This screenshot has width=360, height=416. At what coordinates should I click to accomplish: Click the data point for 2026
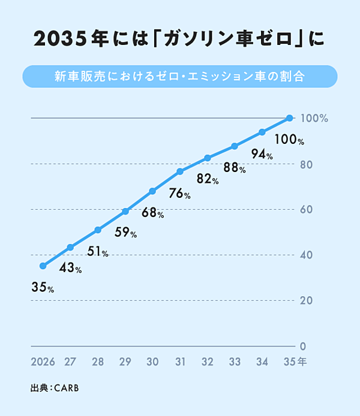[43, 266]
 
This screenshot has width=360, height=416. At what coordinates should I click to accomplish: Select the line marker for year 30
[152, 191]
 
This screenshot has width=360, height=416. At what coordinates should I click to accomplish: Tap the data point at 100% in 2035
[289, 118]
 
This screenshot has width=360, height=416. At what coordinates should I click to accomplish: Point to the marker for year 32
[208, 158]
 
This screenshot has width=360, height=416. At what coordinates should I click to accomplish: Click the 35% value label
[43, 288]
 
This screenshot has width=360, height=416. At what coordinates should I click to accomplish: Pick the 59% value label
[125, 233]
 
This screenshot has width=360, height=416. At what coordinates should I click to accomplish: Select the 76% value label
[179, 194]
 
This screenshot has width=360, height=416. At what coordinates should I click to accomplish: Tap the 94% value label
[262, 155]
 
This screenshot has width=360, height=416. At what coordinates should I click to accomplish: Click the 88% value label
[235, 168]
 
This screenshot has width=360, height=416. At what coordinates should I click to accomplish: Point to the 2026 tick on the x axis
[43, 362]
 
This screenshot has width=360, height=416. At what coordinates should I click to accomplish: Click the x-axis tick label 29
[125, 362]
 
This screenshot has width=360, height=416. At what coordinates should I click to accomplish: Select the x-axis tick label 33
[235, 362]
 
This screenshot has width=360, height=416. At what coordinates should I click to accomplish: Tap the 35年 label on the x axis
[294, 362]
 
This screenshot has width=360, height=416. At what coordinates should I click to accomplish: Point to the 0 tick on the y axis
[304, 346]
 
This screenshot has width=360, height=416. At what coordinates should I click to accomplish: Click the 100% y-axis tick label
[314, 118]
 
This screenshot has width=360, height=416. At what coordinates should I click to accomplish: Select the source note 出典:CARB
[55, 388]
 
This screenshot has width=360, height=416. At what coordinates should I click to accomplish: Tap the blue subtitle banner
[180, 77]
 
